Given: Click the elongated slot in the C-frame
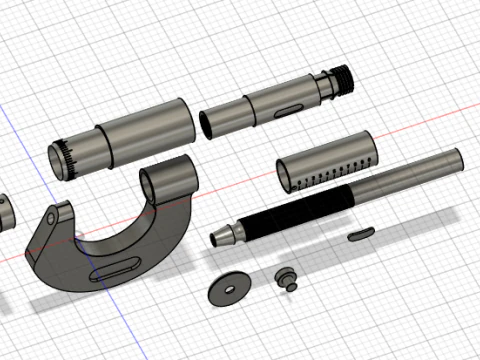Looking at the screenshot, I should [x=112, y=268].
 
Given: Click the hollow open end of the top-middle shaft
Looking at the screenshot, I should [x=207, y=124].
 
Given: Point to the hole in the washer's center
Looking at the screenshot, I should [x=229, y=288].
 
